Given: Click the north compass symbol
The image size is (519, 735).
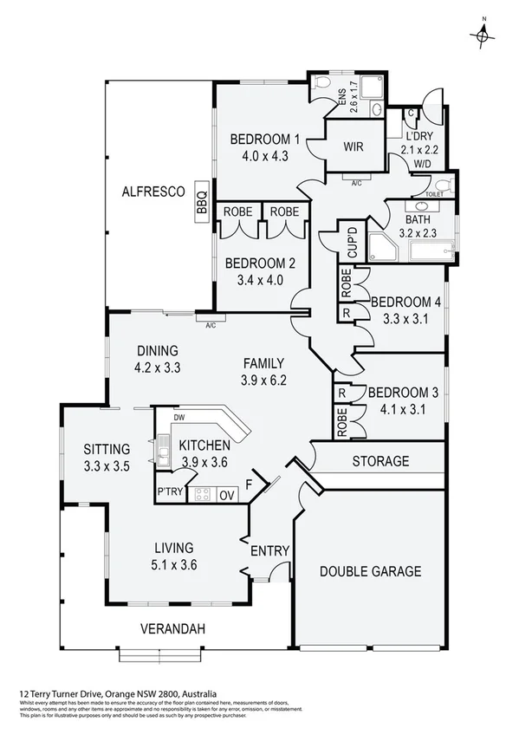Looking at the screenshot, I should point(483,35).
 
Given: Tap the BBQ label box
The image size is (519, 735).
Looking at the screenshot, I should point(202,202).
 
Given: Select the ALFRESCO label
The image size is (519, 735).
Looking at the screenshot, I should point(152,192).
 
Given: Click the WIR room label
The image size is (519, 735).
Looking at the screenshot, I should point(352,146).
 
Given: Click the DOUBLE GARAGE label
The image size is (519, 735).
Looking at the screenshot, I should point(370,571).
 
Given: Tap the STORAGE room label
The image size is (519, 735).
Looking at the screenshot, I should point(380,461).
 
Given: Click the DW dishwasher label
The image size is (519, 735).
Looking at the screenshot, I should point(178,418).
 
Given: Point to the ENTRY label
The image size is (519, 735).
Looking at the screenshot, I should point(269,551).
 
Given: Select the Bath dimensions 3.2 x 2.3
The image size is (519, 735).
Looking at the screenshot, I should point(417,232).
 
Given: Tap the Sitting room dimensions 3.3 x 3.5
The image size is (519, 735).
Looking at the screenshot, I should point(107,465).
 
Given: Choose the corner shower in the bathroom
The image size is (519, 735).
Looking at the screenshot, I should point(382,247).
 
